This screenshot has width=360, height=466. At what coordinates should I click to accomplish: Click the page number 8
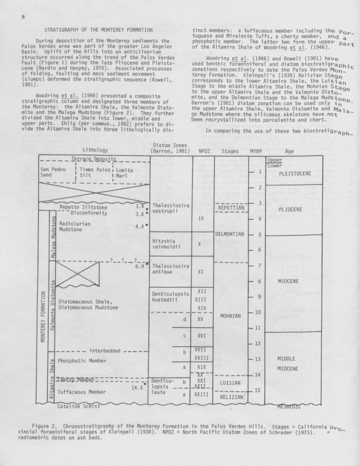click(23, 17)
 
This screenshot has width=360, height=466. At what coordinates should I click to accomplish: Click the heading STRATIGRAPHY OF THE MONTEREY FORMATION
click(99, 30)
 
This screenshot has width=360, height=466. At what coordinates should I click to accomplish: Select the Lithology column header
click(95, 150)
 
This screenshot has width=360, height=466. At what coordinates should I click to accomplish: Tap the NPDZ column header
click(204, 151)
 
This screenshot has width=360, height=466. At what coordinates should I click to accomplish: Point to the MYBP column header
click(256, 151)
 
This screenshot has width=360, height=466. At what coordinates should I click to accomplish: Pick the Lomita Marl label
click(124, 173)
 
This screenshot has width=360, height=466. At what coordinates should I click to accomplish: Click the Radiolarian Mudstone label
click(74, 226)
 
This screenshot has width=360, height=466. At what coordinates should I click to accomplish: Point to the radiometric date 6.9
click(140, 266)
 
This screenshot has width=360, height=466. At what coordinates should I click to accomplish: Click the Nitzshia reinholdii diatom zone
click(167, 244)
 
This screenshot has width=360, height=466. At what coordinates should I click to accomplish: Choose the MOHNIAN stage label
click(230, 316)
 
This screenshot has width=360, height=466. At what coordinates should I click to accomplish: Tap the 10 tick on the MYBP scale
click(258, 312)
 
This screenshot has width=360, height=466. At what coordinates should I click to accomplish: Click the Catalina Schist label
click(79, 406)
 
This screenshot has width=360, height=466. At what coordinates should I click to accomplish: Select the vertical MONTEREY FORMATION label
click(43, 317)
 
